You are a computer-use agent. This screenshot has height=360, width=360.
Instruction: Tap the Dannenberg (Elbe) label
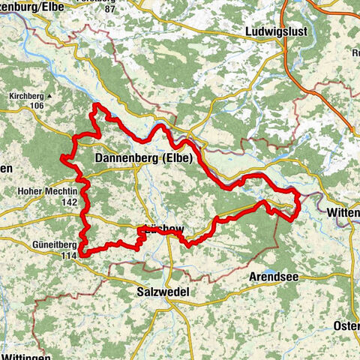click(x=144, y=159)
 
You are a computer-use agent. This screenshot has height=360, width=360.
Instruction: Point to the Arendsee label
click(x=272, y=277)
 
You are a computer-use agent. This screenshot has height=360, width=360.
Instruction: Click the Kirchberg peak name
click(x=26, y=97)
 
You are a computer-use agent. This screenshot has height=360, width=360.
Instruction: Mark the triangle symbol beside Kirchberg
click(x=50, y=97)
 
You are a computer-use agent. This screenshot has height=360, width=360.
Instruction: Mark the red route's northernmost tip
click(x=95, y=107)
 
